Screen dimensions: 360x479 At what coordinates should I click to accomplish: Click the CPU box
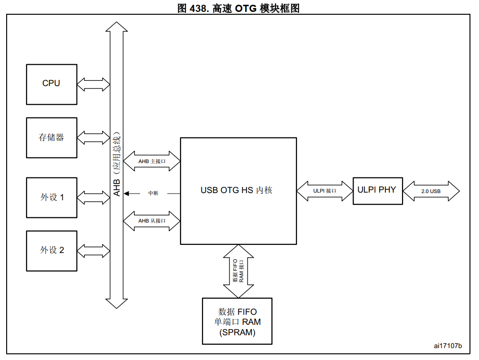[51, 84]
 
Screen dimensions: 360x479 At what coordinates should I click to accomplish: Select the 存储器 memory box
[51, 138]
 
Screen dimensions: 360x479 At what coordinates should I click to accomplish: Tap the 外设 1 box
[51, 197]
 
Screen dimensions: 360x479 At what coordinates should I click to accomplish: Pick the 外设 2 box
[51, 251]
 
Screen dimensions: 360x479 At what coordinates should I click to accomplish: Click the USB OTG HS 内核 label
[236, 190]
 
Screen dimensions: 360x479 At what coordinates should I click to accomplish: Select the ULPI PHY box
[376, 190]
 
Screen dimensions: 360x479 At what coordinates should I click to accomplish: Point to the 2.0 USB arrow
[431, 191]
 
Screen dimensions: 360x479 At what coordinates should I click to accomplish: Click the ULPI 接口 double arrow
[325, 191]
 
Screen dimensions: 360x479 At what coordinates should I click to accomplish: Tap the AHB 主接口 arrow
[152, 162]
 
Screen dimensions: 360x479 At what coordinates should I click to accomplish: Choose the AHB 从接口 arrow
[152, 221]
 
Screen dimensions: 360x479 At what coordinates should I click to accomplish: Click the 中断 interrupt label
[153, 194]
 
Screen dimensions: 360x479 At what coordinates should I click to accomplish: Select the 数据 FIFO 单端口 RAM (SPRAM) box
[237, 321]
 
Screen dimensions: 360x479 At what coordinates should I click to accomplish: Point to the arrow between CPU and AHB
[93, 85]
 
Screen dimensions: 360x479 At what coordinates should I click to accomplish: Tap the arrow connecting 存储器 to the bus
[93, 138]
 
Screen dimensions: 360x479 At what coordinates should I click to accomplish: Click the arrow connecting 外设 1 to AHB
[93, 197]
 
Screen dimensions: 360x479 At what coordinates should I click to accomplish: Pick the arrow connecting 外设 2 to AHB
[93, 251]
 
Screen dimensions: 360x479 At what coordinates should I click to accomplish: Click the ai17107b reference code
[447, 346]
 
